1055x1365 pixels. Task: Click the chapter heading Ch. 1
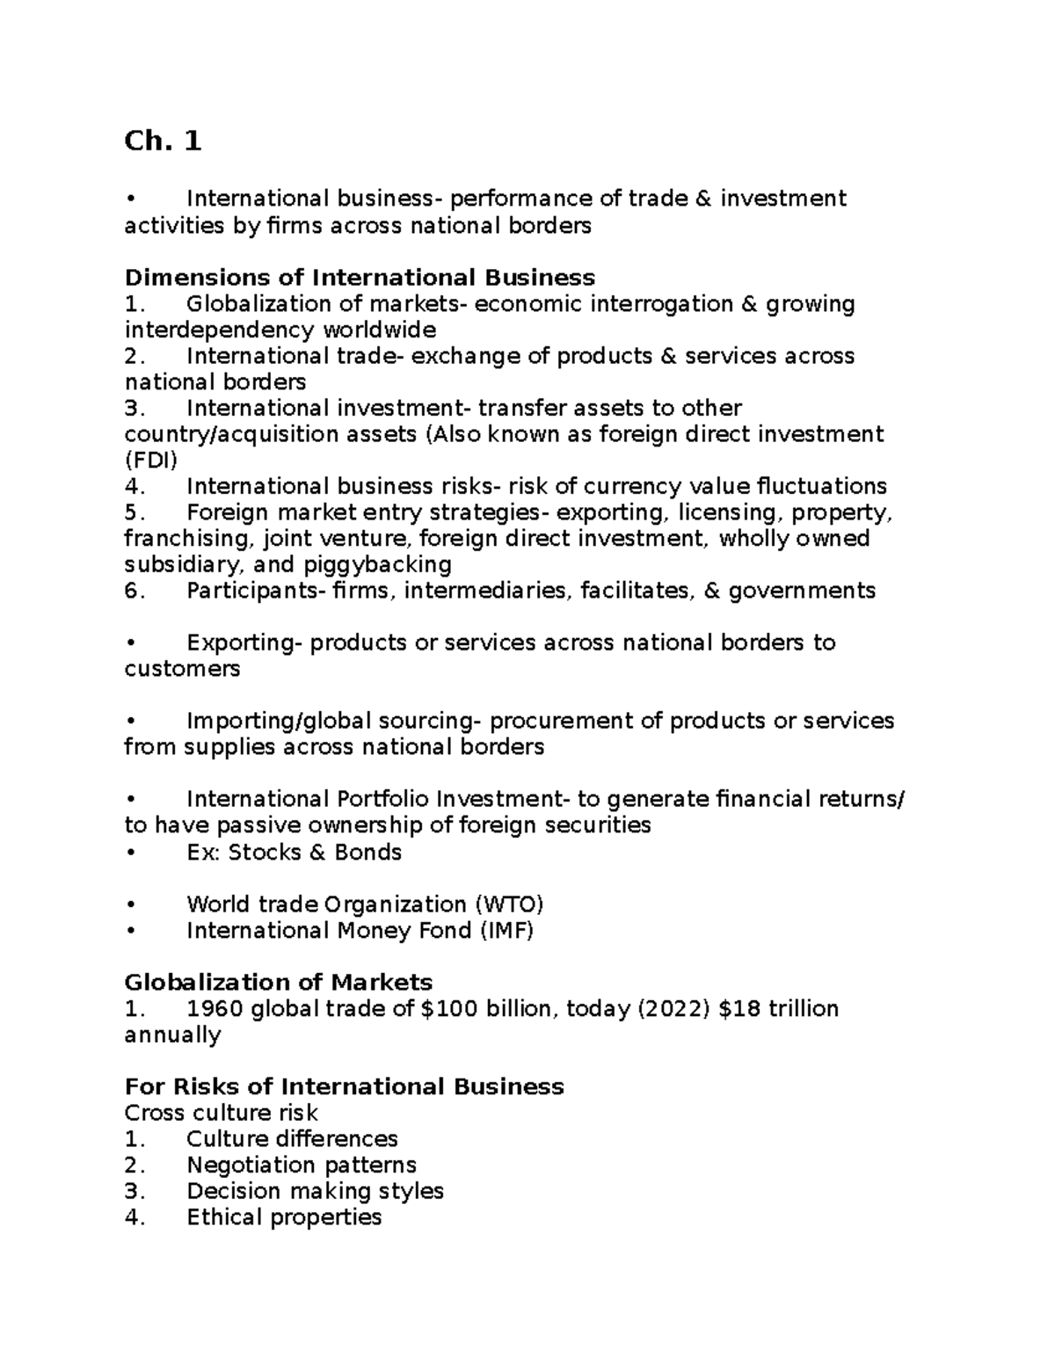click(x=163, y=141)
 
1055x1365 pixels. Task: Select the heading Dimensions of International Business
click(x=360, y=278)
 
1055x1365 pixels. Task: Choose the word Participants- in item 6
click(x=255, y=591)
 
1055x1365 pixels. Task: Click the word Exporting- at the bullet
click(x=244, y=643)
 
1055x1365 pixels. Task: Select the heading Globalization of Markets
click(x=279, y=983)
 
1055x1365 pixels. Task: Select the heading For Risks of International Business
click(x=344, y=1087)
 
